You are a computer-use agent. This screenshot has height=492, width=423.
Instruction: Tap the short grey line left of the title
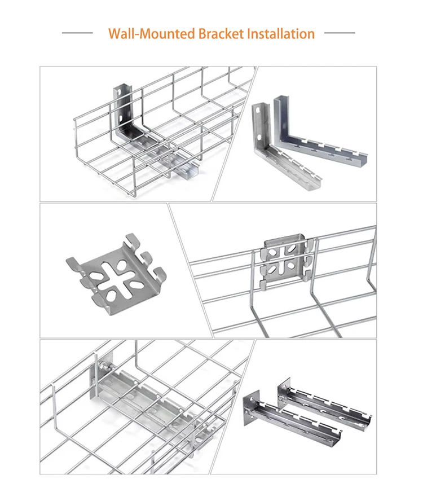point(77,33)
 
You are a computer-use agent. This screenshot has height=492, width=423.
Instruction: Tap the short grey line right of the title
point(340,33)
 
